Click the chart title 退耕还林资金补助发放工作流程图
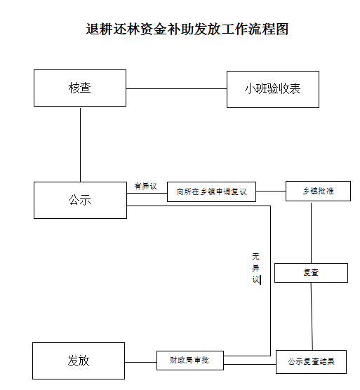coord(187,29)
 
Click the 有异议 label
coord(145,186)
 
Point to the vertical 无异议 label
coord(255,268)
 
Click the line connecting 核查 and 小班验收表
coord(176,88)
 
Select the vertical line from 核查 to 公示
coord(81,144)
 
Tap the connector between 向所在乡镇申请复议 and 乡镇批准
coord(271,191)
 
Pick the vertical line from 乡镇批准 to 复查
coord(312,233)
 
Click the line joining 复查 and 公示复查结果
coord(312,316)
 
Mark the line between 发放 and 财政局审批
coord(140,362)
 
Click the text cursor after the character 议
coord(260,280)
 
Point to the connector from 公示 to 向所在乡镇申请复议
coord(147,193)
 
